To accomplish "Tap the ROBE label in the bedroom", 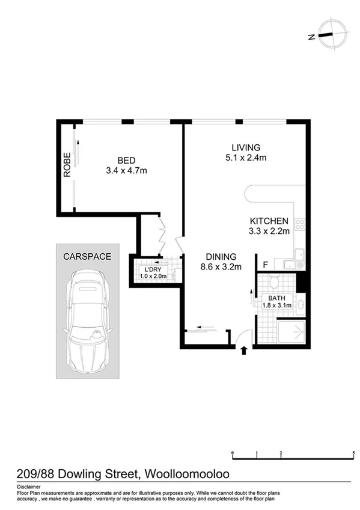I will click(x=67, y=164).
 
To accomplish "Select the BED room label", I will click(x=126, y=160).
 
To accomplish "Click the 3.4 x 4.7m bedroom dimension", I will click(x=126, y=171).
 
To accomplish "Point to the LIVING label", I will click(x=246, y=147).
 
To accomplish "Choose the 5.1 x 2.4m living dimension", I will click(x=246, y=158).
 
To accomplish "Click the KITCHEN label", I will click(x=269, y=221).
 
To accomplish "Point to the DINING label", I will click(x=221, y=256).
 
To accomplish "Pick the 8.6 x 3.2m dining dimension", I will click(x=221, y=266).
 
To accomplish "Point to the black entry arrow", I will click(x=243, y=351).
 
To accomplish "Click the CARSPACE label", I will click(x=87, y=256).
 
